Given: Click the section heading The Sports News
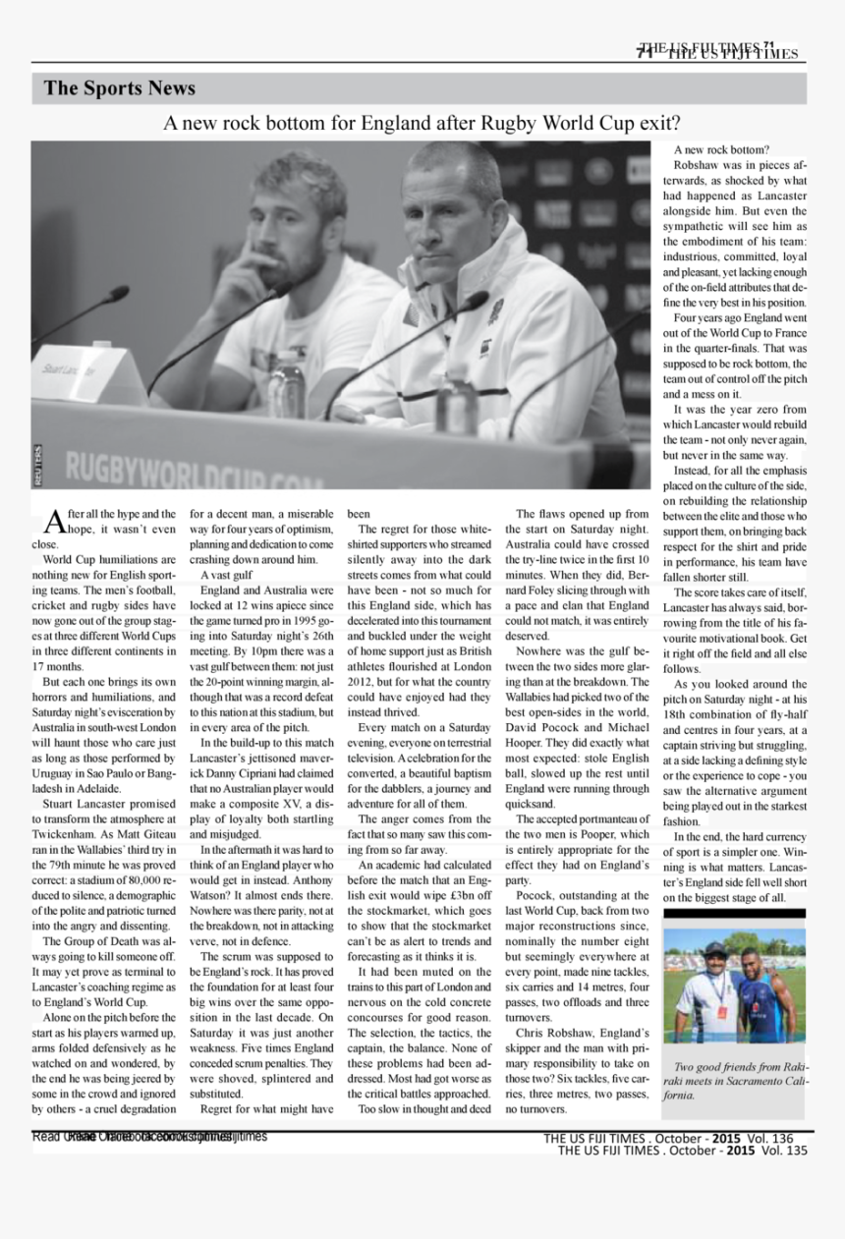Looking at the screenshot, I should tap(119, 88).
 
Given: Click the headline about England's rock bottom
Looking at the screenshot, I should tap(422, 124).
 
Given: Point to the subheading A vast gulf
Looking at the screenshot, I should tap(227, 575).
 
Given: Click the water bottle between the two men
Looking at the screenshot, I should tap(286, 378).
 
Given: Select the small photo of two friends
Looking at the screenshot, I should tap(734, 986).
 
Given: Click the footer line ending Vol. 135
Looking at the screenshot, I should tap(682, 1151).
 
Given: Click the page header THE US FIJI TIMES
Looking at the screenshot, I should tap(722, 52).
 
